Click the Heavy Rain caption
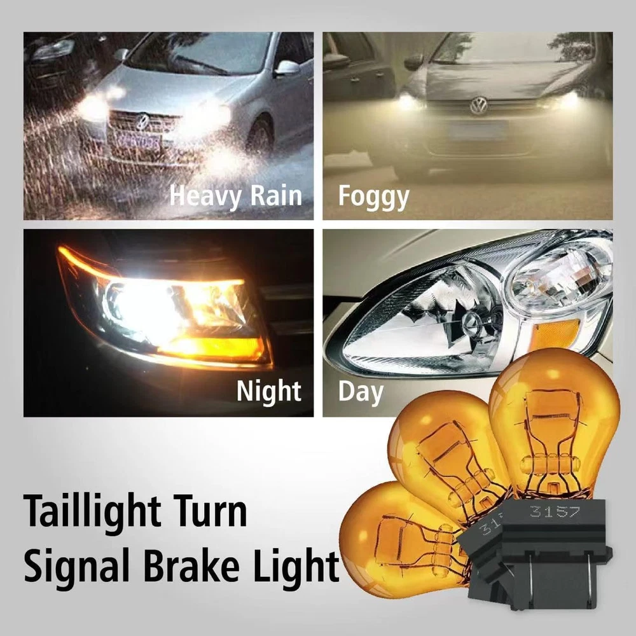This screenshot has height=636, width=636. pyautogui.click(x=236, y=197)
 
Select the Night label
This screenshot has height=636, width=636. pyautogui.click(x=268, y=391)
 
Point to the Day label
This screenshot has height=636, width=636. pyautogui.click(x=361, y=392)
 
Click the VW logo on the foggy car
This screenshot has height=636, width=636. pyautogui.click(x=478, y=106)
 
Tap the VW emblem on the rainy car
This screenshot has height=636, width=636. pyautogui.click(x=142, y=121)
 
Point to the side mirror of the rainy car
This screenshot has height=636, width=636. pyautogui.click(x=287, y=67)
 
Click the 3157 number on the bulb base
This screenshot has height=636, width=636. pyautogui.click(x=555, y=512)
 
